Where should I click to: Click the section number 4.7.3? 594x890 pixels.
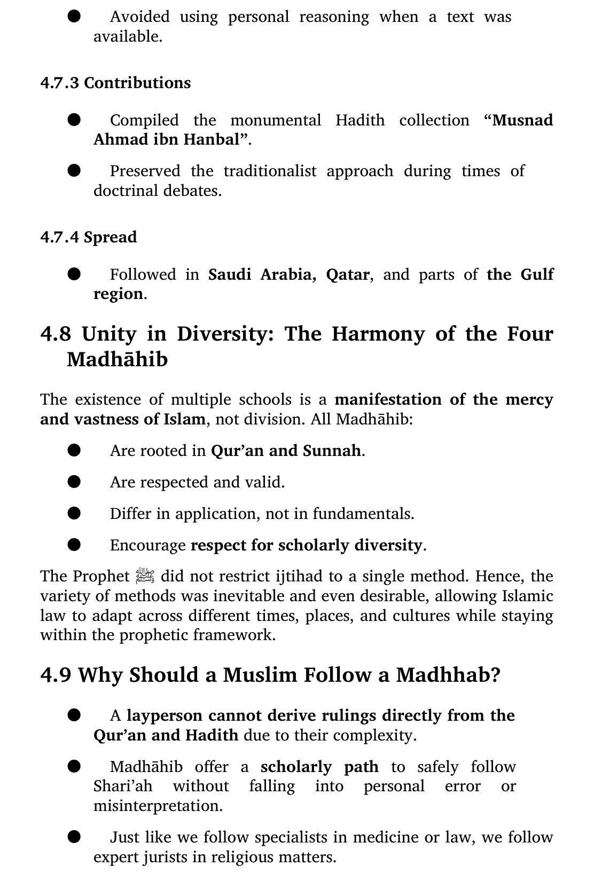tap(60, 83)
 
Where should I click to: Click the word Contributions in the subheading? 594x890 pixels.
tap(137, 83)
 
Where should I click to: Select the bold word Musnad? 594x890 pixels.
tap(522, 120)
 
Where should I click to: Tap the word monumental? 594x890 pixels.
tap(276, 120)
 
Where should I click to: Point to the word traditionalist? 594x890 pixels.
tap(270, 171)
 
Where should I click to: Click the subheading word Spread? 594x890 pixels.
tap(111, 237)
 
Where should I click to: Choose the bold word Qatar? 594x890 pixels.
tap(347, 274)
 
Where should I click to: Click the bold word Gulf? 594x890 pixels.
tap(537, 274)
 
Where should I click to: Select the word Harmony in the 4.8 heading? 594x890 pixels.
tap(378, 334)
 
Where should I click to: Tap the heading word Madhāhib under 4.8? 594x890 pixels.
tap(117, 359)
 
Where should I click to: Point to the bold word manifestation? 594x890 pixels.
tap(388, 400)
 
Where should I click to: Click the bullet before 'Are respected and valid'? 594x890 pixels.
tap(74, 482)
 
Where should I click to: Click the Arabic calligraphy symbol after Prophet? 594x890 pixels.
tap(145, 576)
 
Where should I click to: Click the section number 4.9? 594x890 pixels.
tap(56, 675)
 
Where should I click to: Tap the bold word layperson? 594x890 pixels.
tap(165, 715)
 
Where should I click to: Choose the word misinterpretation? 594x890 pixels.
tap(158, 806)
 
